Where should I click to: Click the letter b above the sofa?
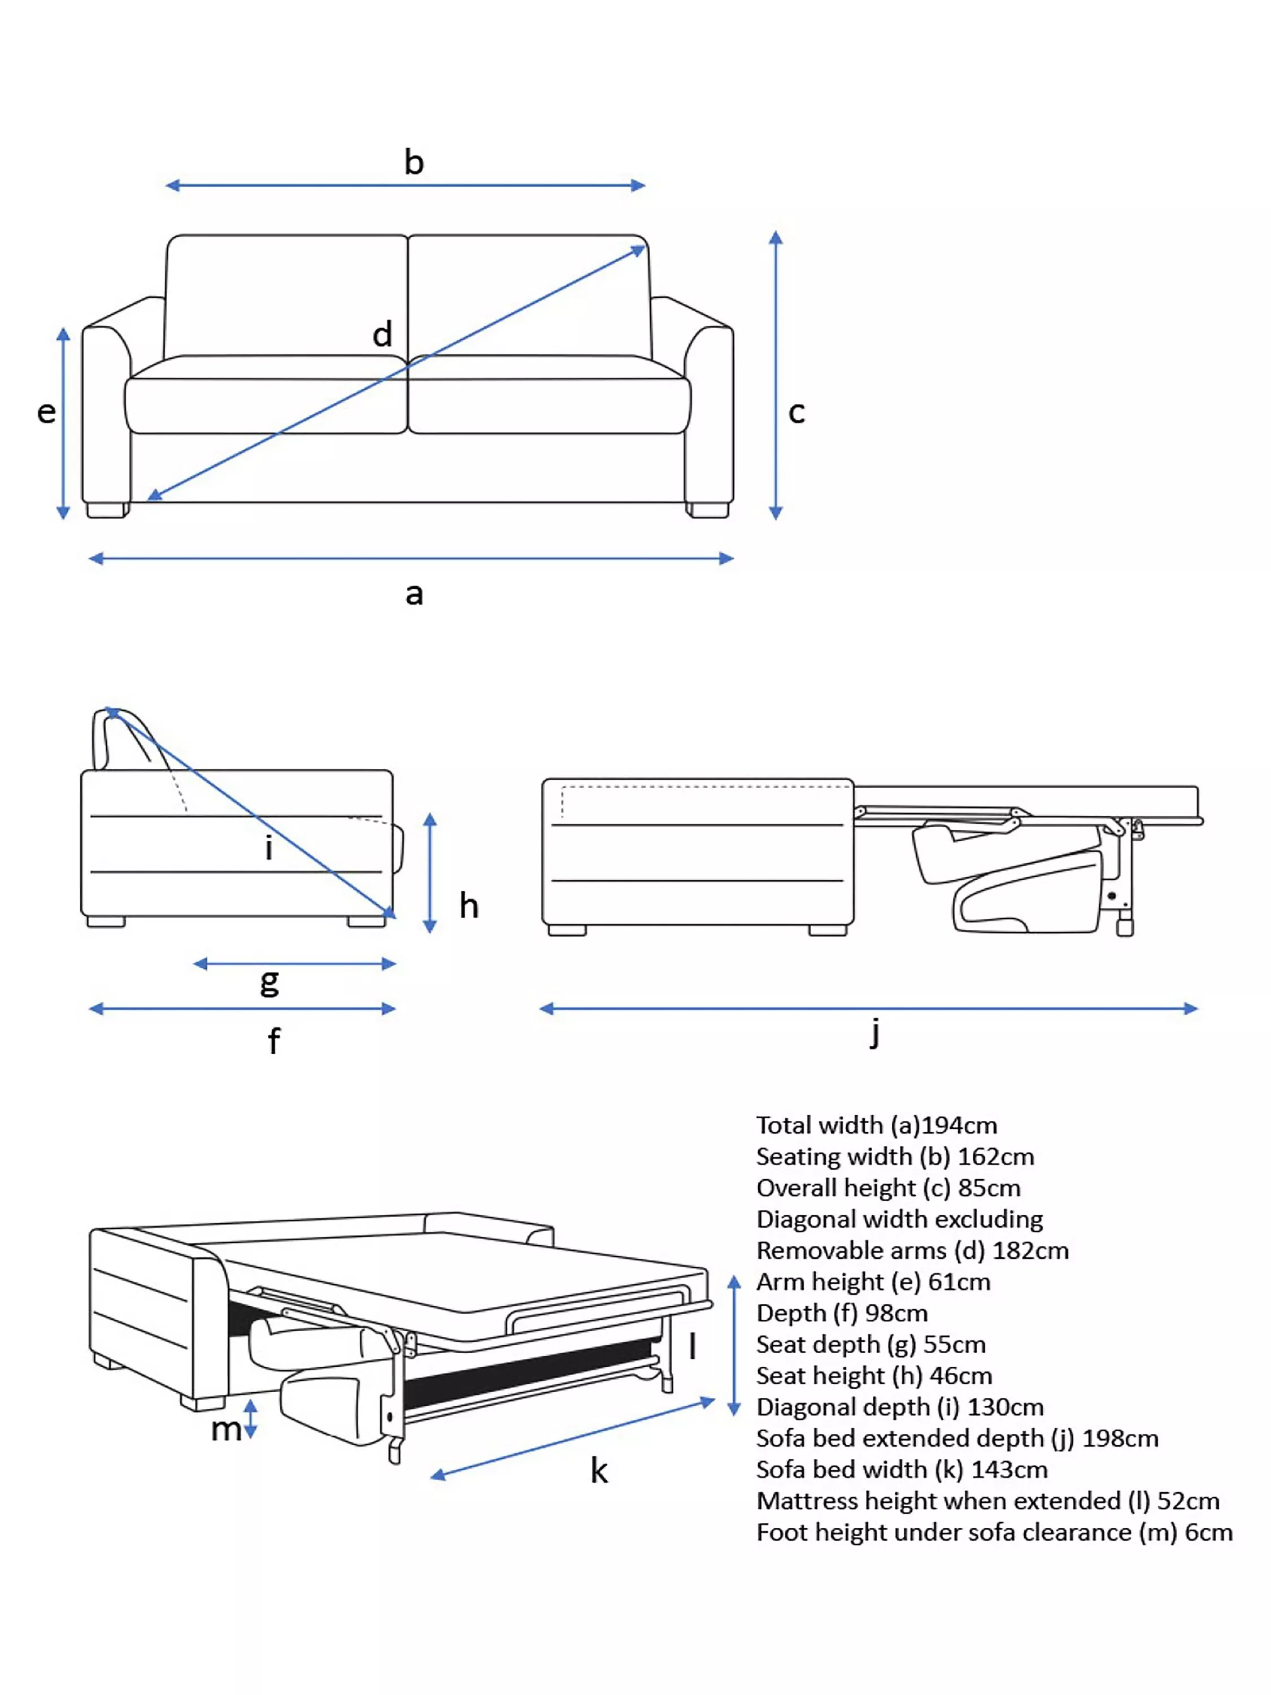coord(413,163)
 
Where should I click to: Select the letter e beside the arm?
coord(47,413)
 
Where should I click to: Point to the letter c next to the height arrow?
coord(796,413)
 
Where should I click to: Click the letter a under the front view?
coord(413,594)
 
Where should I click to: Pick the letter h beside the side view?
coord(469,906)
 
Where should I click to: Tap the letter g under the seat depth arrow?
coord(269,981)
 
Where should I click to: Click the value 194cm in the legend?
coord(959,1125)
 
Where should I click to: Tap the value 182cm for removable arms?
coord(1030,1250)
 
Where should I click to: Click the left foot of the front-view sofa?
coord(107,510)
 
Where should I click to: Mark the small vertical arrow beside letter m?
coord(250,1419)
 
